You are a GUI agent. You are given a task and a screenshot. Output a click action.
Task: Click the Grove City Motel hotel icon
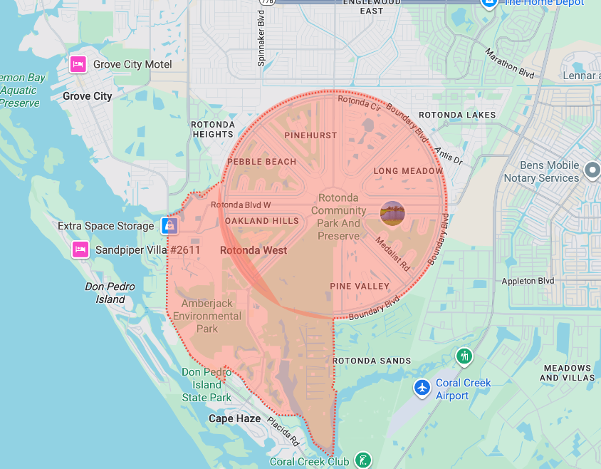78,65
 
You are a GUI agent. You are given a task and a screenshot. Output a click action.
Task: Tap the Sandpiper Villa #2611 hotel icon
80,250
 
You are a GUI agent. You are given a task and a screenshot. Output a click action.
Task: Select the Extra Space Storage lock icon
169,226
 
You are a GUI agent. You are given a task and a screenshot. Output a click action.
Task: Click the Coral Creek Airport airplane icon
422,388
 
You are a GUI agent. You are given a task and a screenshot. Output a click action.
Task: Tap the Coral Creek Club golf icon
363,460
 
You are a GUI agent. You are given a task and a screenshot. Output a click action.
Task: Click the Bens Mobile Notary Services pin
592,170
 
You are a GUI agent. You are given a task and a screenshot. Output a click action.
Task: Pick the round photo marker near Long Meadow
392,213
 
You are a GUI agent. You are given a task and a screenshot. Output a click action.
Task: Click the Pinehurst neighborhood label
310,135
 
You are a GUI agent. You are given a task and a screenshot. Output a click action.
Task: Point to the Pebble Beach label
261,162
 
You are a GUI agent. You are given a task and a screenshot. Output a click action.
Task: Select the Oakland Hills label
262,221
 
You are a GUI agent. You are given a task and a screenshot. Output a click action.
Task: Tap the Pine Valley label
360,287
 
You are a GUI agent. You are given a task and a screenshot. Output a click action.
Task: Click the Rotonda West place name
254,250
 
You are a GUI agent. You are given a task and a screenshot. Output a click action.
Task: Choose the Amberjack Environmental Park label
207,316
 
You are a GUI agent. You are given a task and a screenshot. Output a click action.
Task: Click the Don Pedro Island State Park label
206,385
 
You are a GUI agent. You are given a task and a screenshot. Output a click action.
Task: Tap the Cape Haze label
234,418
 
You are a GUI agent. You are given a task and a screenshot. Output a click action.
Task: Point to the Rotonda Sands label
372,361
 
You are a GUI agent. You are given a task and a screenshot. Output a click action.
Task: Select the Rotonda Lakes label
457,115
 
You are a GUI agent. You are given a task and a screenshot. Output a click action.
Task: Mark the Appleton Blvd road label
528,282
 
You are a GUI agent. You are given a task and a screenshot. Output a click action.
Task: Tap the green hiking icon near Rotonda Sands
464,355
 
